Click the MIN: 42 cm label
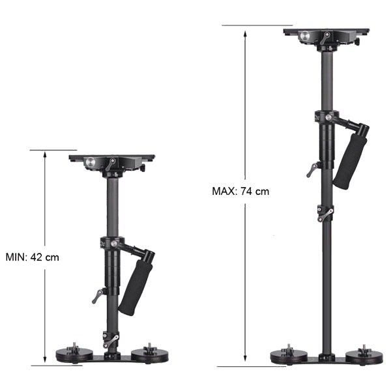tap(32, 257)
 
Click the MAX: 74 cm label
tap(240, 191)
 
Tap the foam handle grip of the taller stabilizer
tap(350, 161)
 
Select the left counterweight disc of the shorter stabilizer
tap(74, 355)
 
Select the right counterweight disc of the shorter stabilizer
tap(150, 355)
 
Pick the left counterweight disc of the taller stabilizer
tap(289, 357)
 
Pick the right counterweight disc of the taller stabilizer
tap(364, 357)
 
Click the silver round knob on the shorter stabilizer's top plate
tap(91, 162)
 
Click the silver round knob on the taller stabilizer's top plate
tap(305, 36)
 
